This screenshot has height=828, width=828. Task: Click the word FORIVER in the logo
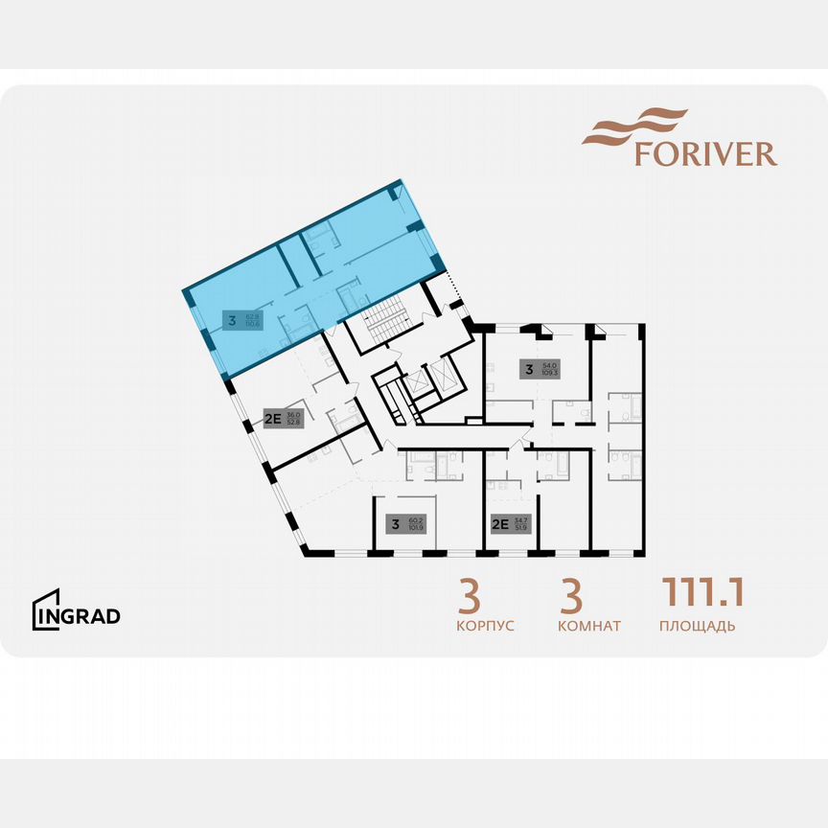coord(705,153)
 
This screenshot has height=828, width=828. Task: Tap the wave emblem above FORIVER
coord(634,126)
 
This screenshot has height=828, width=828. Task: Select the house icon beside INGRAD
coord(46,609)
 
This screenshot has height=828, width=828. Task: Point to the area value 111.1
coord(701,592)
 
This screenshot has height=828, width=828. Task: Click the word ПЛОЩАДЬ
coord(697,627)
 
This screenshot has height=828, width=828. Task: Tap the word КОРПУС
coord(486,627)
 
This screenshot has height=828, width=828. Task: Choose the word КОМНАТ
coord(588,627)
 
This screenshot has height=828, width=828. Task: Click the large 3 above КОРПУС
coord(469,596)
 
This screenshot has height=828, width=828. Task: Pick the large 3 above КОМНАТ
coord(571,596)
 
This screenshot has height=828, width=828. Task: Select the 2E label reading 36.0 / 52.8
coord(284,417)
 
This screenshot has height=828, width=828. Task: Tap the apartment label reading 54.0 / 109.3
coord(540,368)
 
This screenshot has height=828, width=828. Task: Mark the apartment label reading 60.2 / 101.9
coord(405,524)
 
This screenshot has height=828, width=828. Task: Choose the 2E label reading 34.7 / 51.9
coord(510,524)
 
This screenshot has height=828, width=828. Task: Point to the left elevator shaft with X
coord(418,385)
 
